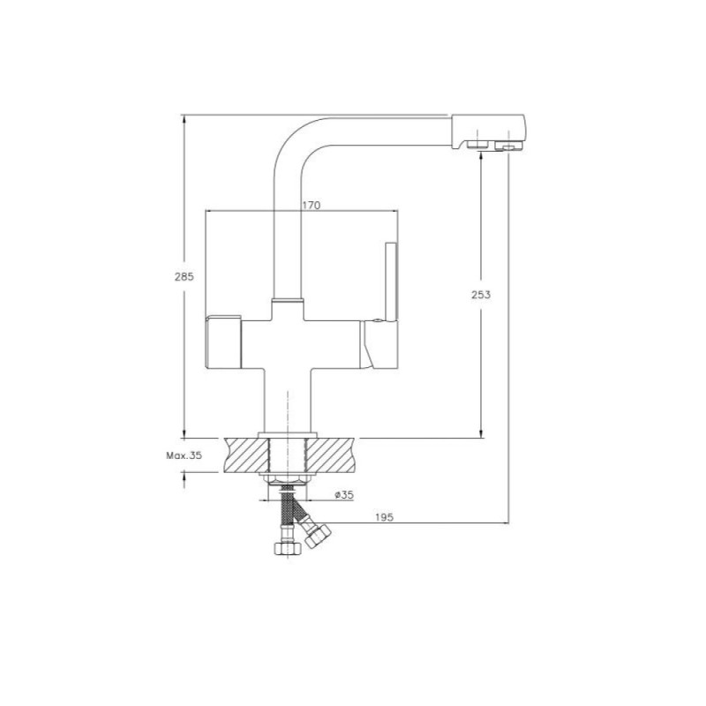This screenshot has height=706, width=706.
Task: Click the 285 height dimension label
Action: [x=184, y=276]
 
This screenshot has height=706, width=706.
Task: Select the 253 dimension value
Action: [x=481, y=295]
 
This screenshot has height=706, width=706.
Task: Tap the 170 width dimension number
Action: [x=312, y=206]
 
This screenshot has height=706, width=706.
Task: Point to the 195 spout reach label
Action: [x=384, y=517]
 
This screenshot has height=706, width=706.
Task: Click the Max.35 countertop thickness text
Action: [x=184, y=455]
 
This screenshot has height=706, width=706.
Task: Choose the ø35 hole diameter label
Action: [x=344, y=495]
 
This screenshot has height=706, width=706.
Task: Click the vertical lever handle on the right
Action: [x=391, y=282]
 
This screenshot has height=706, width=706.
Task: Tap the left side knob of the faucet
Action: [x=223, y=342]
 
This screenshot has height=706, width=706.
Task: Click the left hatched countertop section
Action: [x=244, y=454]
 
